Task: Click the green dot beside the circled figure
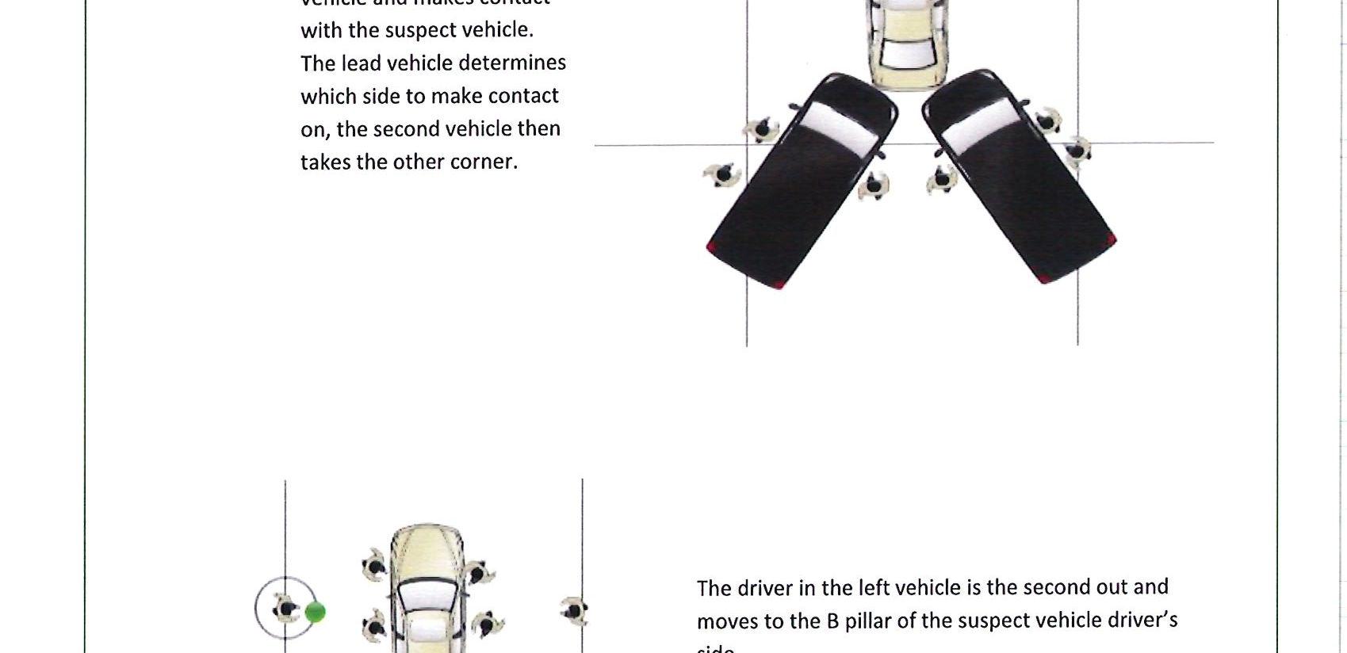[315, 612]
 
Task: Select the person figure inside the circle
[286, 609]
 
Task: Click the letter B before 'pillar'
[832, 621]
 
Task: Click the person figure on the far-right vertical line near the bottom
[573, 610]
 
